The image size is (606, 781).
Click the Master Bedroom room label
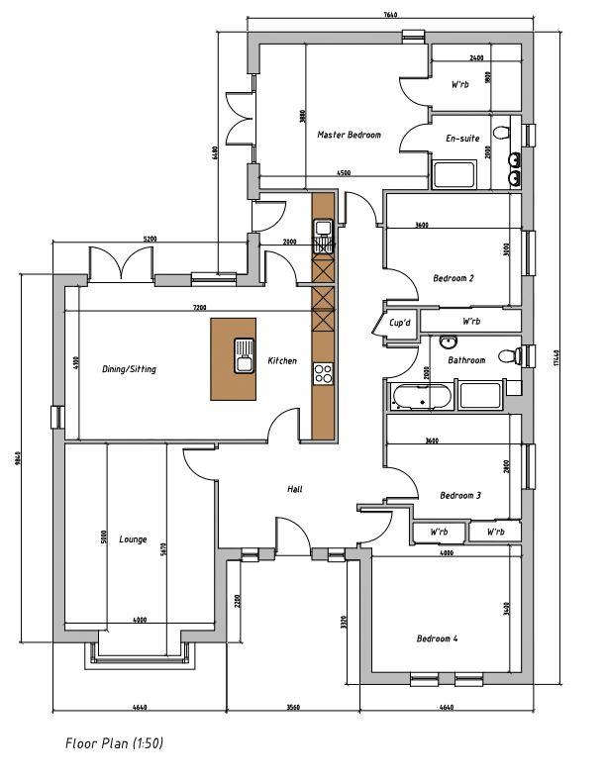(349, 135)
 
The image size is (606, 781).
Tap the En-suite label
(462, 139)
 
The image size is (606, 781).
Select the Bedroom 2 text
(453, 278)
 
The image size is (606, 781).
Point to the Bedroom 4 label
(437, 638)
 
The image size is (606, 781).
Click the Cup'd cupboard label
(400, 323)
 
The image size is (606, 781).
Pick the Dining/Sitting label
(129, 369)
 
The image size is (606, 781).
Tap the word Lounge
(133, 539)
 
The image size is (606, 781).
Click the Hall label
(294, 489)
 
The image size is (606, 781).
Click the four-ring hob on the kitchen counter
(323, 373)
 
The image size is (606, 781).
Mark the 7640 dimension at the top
(389, 15)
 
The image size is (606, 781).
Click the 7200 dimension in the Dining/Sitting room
(198, 309)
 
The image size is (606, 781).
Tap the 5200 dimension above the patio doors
(149, 240)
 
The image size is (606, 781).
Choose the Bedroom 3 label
(459, 495)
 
